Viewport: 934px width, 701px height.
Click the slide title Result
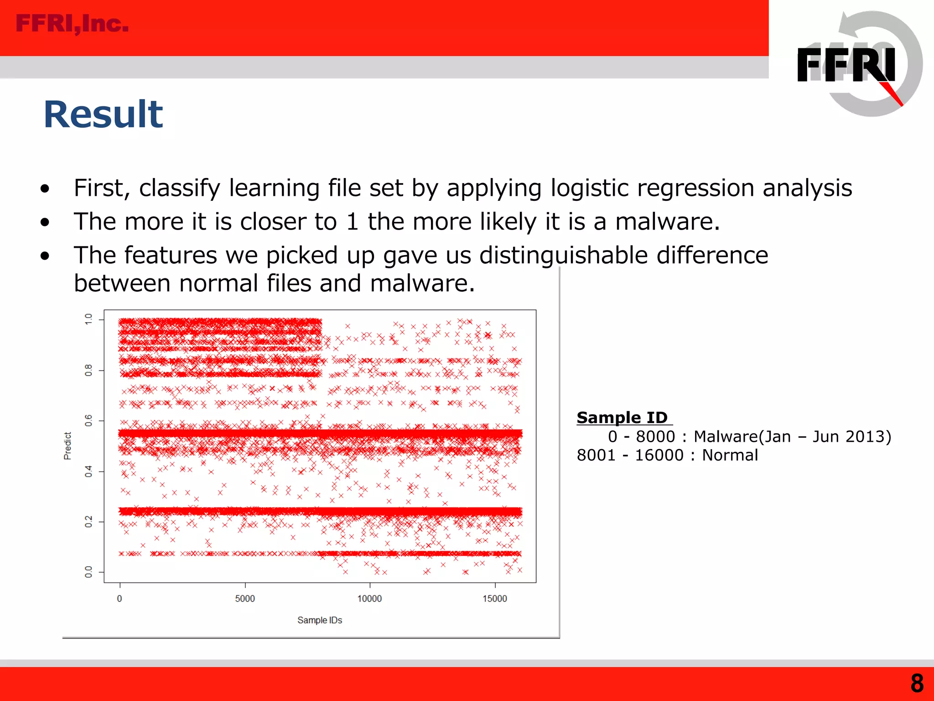[x=103, y=115]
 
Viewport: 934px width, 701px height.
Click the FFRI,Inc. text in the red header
[x=72, y=24]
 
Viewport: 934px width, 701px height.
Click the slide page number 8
[x=917, y=684]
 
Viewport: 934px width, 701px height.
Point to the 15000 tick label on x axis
[x=495, y=599]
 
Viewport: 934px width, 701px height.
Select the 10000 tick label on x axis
[x=369, y=599]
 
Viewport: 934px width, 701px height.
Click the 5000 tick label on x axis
[x=245, y=599]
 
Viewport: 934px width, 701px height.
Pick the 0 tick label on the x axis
[x=119, y=599]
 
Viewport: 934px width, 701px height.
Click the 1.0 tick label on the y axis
[x=88, y=319]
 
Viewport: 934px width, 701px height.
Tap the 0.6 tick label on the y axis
[x=88, y=420]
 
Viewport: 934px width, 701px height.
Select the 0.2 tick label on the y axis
[x=88, y=522]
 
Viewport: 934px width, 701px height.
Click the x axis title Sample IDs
[x=319, y=620]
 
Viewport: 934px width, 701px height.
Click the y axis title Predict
[x=67, y=446]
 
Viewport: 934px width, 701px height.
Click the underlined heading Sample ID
[x=623, y=417]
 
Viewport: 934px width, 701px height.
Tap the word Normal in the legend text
[x=730, y=455]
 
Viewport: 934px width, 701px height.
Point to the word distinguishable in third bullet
[x=563, y=255]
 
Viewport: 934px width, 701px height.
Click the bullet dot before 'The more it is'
[x=45, y=222]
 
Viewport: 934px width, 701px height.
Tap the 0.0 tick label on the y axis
[x=88, y=572]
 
